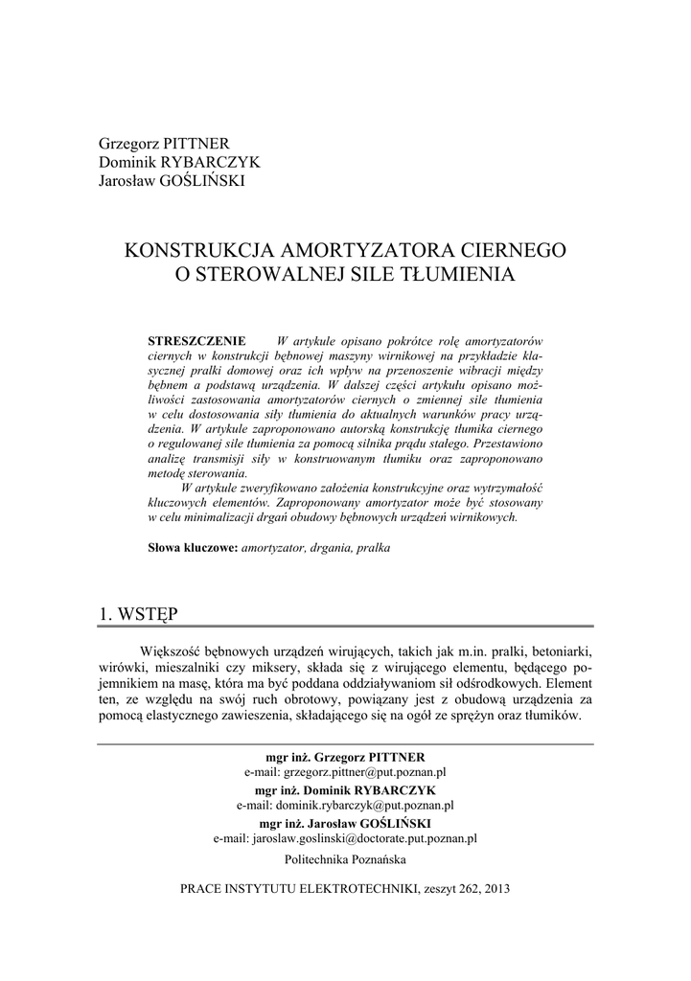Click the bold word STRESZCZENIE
(197, 342)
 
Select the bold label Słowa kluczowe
(193, 549)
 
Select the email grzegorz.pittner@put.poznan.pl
(365, 771)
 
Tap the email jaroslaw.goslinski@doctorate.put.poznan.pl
(365, 839)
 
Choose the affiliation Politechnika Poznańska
(345, 859)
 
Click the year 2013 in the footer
(497, 888)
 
